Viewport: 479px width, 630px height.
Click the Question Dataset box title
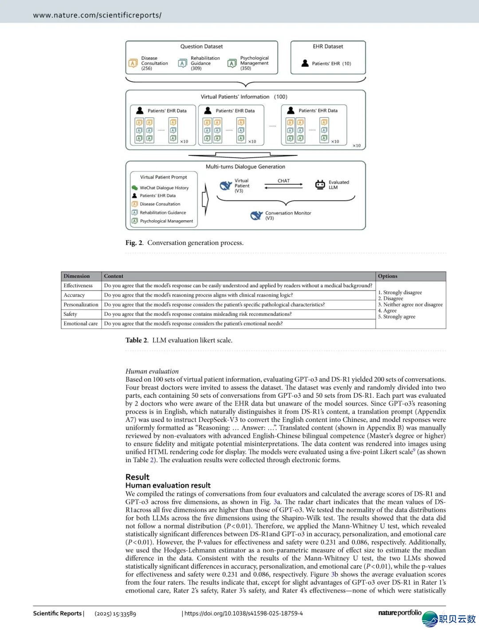click(x=201, y=47)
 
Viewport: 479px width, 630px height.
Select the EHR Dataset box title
click(x=328, y=47)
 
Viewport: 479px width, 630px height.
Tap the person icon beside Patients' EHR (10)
click(x=305, y=63)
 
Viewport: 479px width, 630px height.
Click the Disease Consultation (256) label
click(x=154, y=63)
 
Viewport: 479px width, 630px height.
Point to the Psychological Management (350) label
click(x=254, y=63)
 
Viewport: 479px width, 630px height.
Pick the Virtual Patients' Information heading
click(x=235, y=97)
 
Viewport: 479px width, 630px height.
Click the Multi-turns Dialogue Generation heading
click(x=245, y=167)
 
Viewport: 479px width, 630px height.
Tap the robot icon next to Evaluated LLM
click(x=320, y=185)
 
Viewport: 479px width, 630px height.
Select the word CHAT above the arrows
click(x=283, y=181)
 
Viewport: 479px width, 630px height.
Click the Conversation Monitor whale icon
click(x=256, y=216)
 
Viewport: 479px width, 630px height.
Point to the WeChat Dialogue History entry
click(x=164, y=188)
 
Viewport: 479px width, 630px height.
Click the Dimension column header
click(x=77, y=276)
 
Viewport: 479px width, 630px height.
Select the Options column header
click(x=388, y=276)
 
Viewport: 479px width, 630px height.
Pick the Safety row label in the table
click(x=70, y=314)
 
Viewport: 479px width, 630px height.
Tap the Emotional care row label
click(x=80, y=324)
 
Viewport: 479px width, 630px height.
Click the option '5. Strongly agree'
click(x=397, y=317)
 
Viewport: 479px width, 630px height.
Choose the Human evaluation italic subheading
click(x=152, y=371)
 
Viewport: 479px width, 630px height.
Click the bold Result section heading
click(x=137, y=477)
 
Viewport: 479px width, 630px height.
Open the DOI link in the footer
click(x=243, y=614)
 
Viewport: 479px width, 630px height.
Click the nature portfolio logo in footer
click(x=400, y=613)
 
